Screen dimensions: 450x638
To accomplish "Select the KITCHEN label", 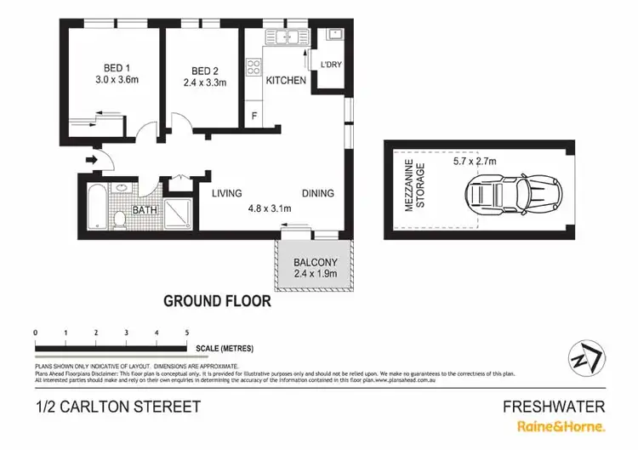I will point(286,81).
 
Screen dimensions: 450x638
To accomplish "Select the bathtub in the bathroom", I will point(94,207).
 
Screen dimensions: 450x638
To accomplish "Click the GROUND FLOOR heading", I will point(217,300).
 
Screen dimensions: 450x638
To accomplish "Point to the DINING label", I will point(318,193).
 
